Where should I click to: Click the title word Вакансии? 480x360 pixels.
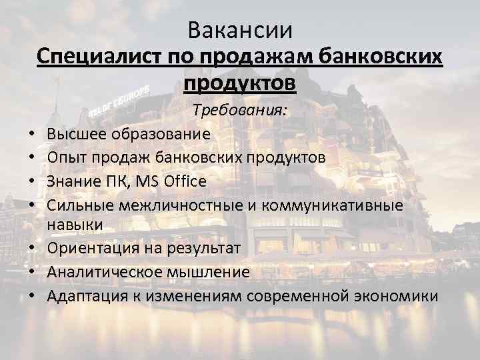pyautogui.click(x=240, y=30)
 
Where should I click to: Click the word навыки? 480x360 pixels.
pyautogui.click(x=75, y=225)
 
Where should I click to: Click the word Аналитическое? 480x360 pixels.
pyautogui.click(x=104, y=271)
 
